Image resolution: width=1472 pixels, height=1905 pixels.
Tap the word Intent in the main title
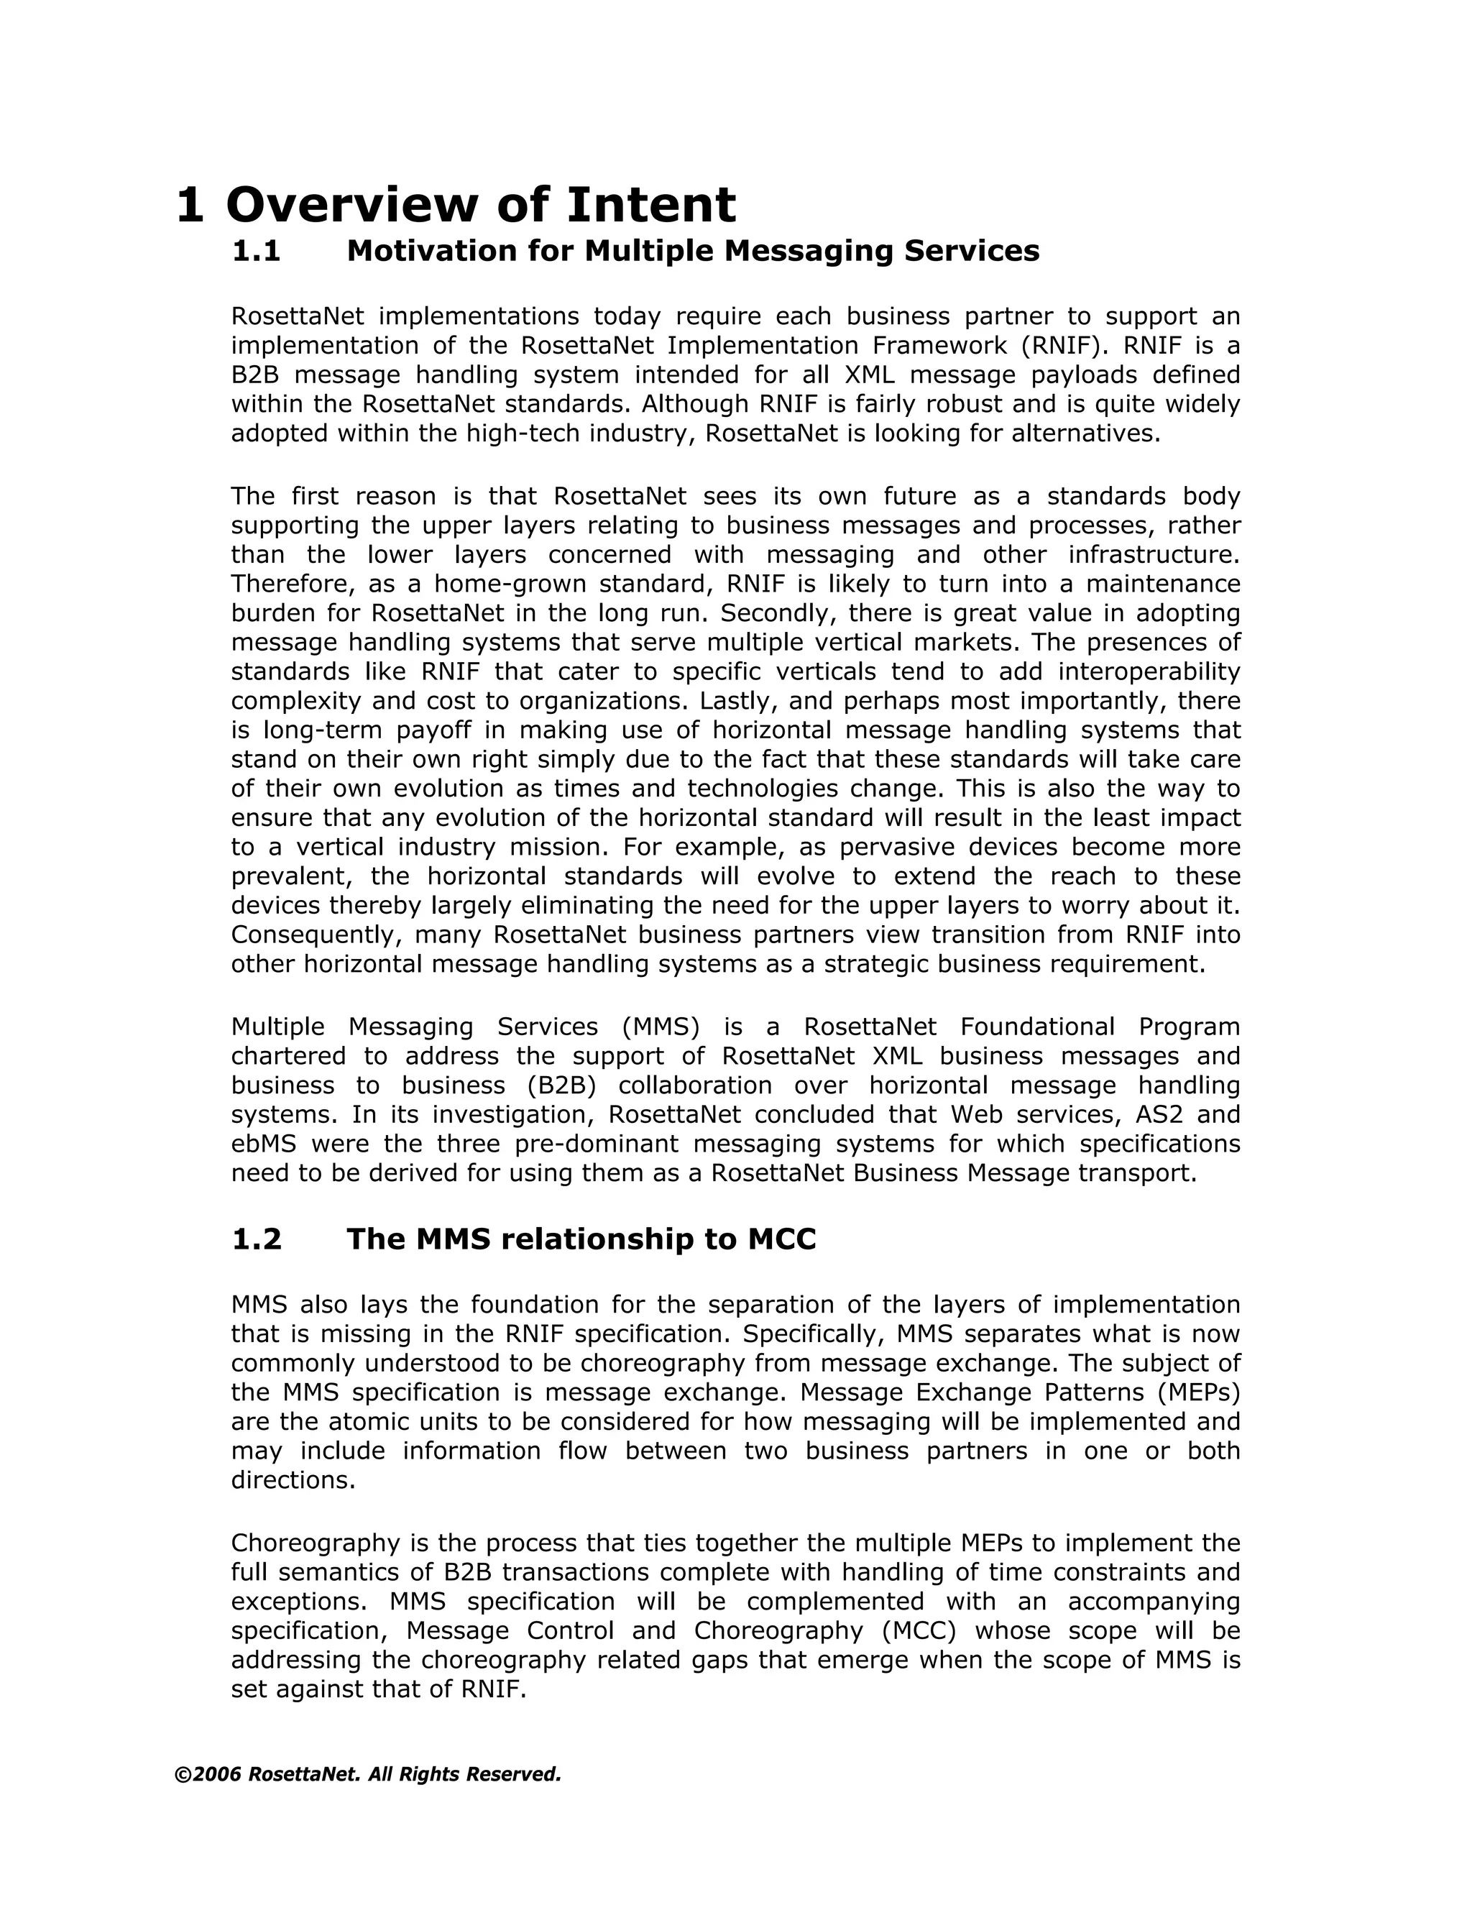coord(650,206)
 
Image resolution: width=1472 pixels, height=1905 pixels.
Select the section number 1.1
coord(257,251)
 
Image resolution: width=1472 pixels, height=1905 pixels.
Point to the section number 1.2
coord(257,1239)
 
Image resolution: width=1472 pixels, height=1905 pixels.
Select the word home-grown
coord(498,584)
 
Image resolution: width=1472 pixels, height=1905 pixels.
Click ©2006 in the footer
coord(208,1775)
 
